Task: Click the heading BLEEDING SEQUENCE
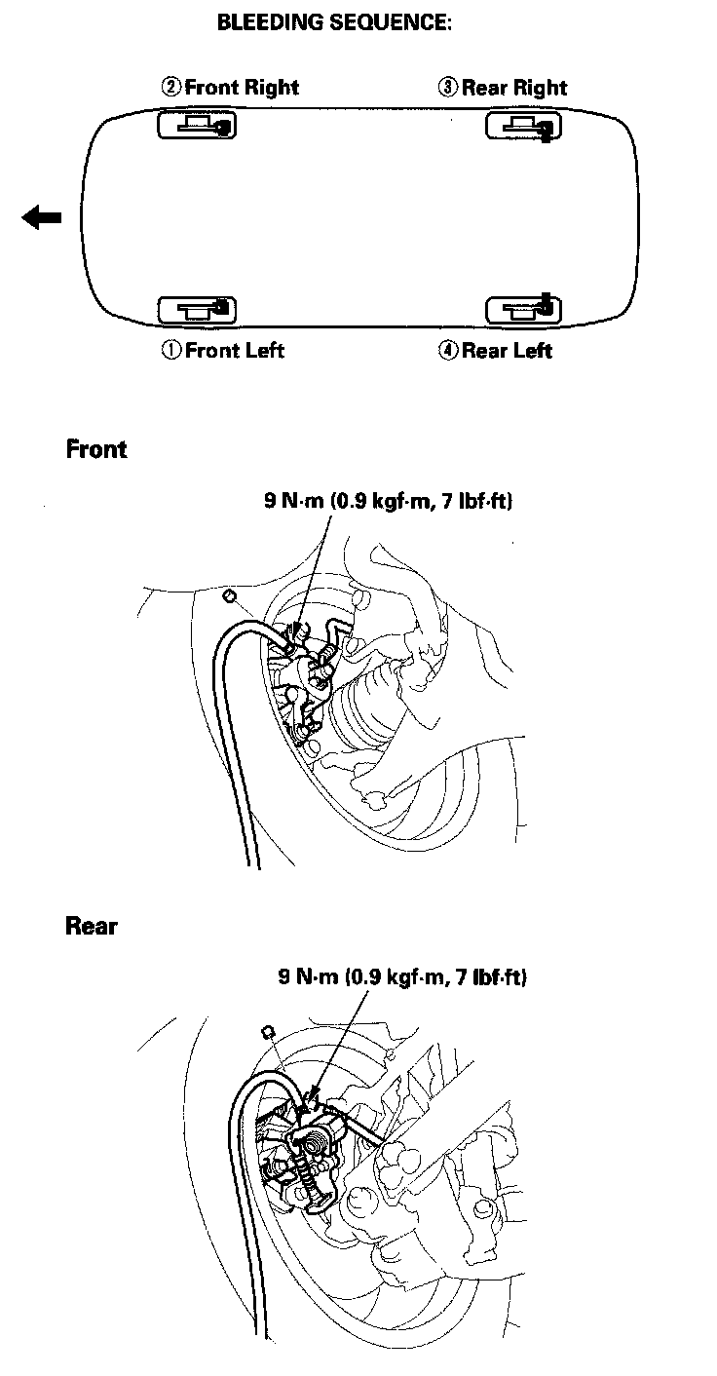tap(334, 24)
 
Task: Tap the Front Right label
tap(242, 87)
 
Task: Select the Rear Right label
tap(514, 88)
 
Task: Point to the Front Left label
tap(235, 350)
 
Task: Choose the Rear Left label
tap(507, 351)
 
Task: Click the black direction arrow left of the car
tap(42, 217)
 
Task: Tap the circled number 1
tap(170, 351)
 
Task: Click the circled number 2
tap(170, 88)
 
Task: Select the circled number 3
tap(447, 88)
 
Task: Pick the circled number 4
tap(447, 351)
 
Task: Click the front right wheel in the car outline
tap(197, 126)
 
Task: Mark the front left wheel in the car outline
tap(197, 310)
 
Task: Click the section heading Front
tap(96, 449)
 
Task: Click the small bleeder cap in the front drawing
tap(231, 595)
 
